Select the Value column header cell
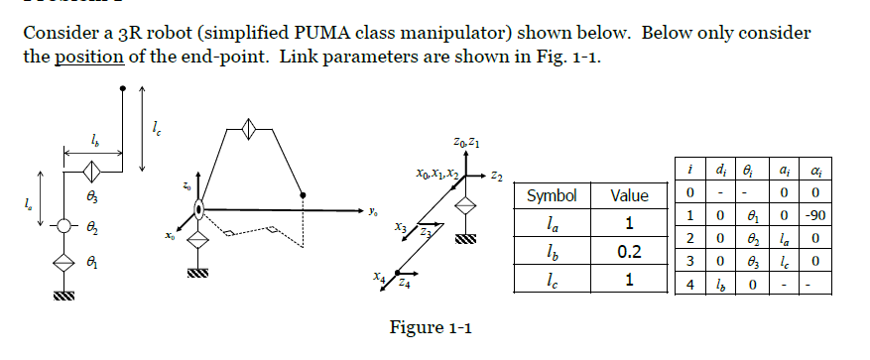pos(629,196)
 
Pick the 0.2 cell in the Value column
pos(629,252)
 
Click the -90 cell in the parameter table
pos(820,213)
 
